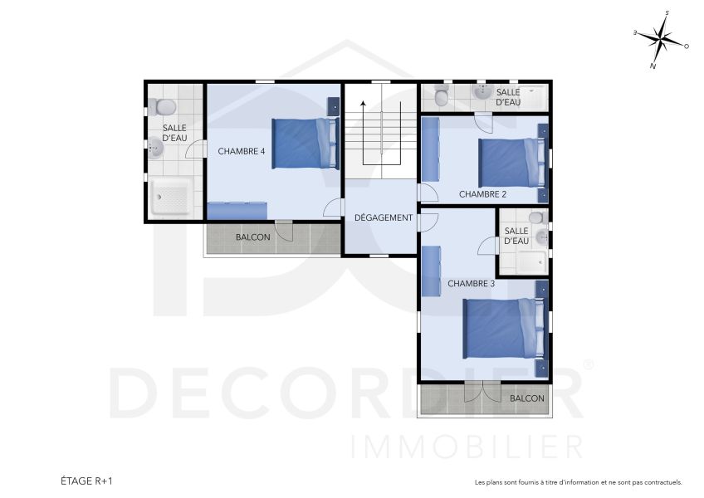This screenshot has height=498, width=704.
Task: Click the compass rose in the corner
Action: click(x=662, y=39)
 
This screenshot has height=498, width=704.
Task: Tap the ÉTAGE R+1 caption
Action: click(x=86, y=481)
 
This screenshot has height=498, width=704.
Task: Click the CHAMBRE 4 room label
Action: click(x=242, y=152)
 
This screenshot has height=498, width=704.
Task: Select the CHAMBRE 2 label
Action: click(x=482, y=194)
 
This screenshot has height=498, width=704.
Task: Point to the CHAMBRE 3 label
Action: click(x=471, y=283)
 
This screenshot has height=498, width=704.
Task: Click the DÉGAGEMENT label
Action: click(x=383, y=217)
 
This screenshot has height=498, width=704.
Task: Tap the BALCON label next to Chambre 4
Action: click(x=252, y=237)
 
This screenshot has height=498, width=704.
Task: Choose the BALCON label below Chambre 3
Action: click(x=527, y=398)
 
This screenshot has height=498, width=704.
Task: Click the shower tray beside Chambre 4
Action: click(x=173, y=196)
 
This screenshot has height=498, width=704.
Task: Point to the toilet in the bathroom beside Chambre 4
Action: click(x=163, y=107)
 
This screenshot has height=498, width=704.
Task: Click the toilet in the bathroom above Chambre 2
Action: click(x=442, y=98)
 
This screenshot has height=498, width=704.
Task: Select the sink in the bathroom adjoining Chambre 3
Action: click(x=540, y=237)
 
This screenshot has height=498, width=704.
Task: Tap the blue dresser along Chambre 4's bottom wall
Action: click(x=237, y=210)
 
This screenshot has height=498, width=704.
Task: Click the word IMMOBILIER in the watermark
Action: click(x=467, y=446)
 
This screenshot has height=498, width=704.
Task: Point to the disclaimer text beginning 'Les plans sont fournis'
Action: click(x=578, y=482)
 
